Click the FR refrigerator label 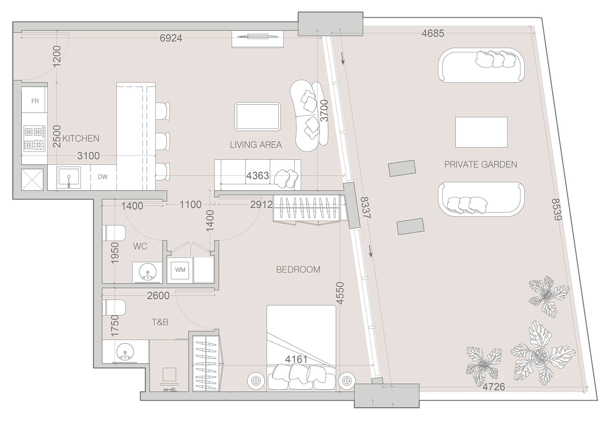[x=35, y=101]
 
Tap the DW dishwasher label [x=103, y=177]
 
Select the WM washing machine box [x=180, y=270]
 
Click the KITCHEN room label [x=81, y=138]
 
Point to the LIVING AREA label [x=256, y=145]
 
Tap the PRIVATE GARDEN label [x=481, y=164]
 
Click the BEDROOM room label [x=298, y=270]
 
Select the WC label [x=140, y=246]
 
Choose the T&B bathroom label [x=160, y=322]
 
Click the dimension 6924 [x=171, y=38]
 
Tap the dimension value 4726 [x=494, y=387]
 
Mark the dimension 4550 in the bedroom [x=340, y=293]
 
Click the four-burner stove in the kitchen [x=34, y=138]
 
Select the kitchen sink [x=69, y=177]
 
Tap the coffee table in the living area [x=258, y=117]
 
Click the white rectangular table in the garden [x=481, y=132]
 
